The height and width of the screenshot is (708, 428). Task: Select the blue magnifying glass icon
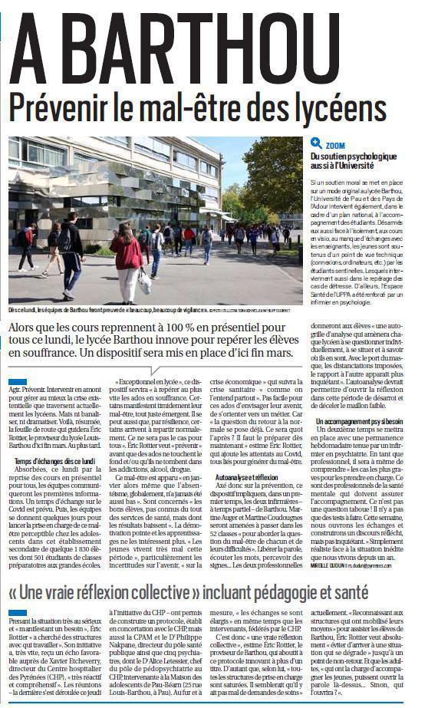(315, 143)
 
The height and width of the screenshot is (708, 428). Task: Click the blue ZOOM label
(335, 144)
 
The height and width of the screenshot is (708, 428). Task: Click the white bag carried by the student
(145, 281)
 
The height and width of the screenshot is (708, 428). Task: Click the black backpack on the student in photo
(65, 239)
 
